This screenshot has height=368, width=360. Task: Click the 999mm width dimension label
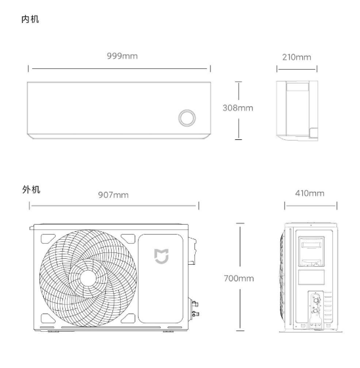pos(122,56)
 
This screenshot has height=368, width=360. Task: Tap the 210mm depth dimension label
pos(297,57)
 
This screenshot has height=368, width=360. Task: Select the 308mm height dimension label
pos(238,108)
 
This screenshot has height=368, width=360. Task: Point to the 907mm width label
pos(114,195)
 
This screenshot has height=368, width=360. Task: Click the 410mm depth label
pos(310,193)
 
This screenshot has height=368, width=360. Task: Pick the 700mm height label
pos(239,279)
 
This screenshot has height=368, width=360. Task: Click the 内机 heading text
pos(30,19)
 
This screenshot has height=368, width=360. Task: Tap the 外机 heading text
pos(32,189)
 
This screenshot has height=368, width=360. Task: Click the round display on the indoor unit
pos(187,118)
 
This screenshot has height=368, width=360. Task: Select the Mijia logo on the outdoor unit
pos(162,256)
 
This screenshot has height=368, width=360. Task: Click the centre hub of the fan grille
pos(88,279)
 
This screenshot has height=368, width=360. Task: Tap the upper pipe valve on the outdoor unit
pos(195,304)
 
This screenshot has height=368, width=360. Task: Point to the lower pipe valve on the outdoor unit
pos(195,313)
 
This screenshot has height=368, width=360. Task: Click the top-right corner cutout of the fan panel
pos(129,238)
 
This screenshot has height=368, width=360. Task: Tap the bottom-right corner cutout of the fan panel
pos(129,318)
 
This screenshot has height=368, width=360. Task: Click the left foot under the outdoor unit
pos(53,331)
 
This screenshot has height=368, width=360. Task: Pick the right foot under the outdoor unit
pos(168,331)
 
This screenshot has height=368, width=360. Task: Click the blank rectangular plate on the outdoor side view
pos(311,277)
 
